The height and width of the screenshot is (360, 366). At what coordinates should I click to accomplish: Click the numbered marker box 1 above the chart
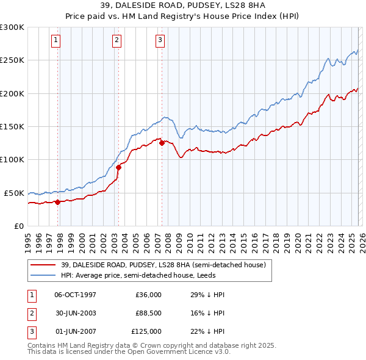coord(56,41)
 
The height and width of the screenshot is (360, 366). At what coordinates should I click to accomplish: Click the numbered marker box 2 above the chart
coord(117,41)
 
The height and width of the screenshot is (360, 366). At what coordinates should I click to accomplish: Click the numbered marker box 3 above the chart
coord(160,41)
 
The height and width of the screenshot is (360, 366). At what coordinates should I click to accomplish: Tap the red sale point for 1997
coord(57,202)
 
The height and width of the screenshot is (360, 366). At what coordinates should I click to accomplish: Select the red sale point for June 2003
coord(119,167)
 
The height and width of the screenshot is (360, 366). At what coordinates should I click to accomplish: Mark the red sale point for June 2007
coord(162,143)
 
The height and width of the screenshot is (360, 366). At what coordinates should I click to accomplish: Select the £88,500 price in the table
coord(148,313)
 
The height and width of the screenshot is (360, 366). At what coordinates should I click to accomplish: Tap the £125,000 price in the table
coord(146,331)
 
